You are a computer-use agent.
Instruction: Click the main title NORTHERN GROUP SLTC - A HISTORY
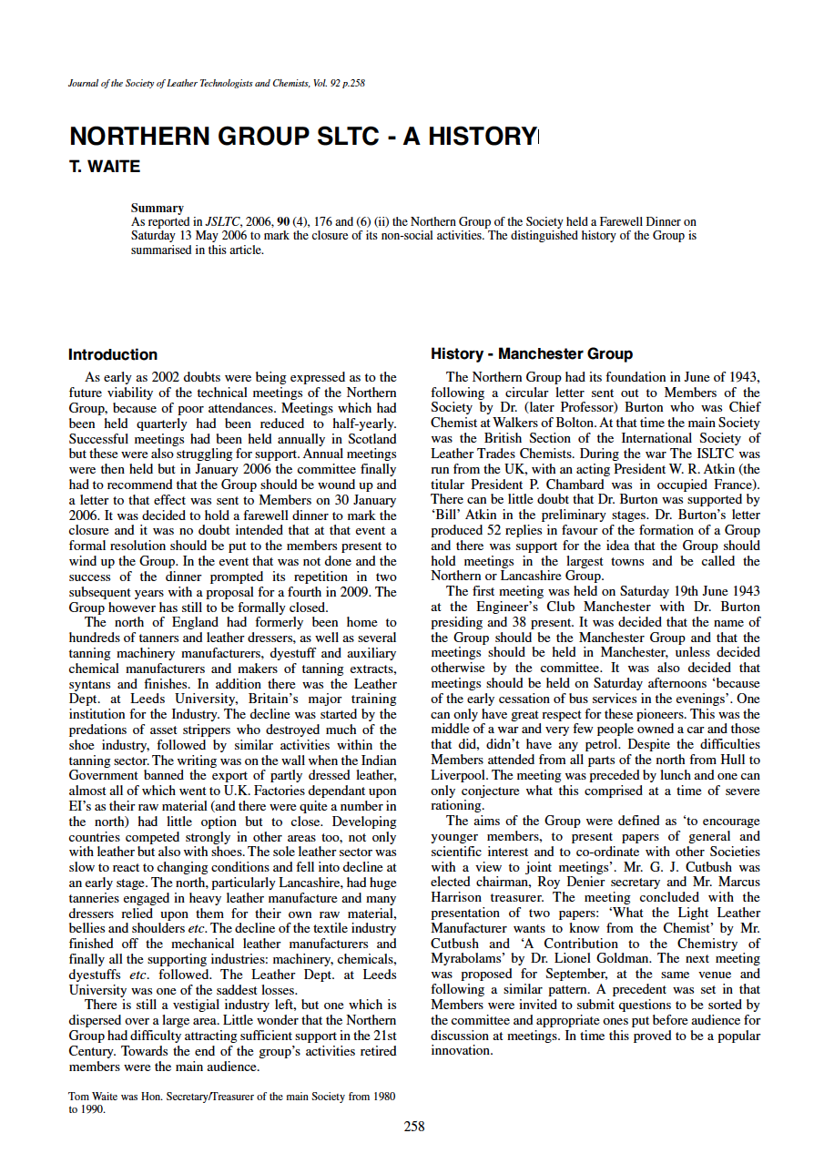(x=303, y=138)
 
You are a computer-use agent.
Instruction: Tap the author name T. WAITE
(x=105, y=167)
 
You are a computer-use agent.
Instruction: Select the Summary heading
(x=157, y=209)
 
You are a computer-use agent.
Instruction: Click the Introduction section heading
(x=113, y=355)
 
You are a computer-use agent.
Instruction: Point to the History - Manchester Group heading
(x=532, y=354)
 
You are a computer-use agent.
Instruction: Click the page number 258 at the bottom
(x=414, y=1127)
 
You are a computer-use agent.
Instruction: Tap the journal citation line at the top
(x=217, y=84)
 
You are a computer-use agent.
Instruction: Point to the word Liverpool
(x=460, y=775)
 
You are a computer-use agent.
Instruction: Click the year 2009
(x=381, y=592)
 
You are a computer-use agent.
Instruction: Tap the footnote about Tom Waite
(x=232, y=1103)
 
